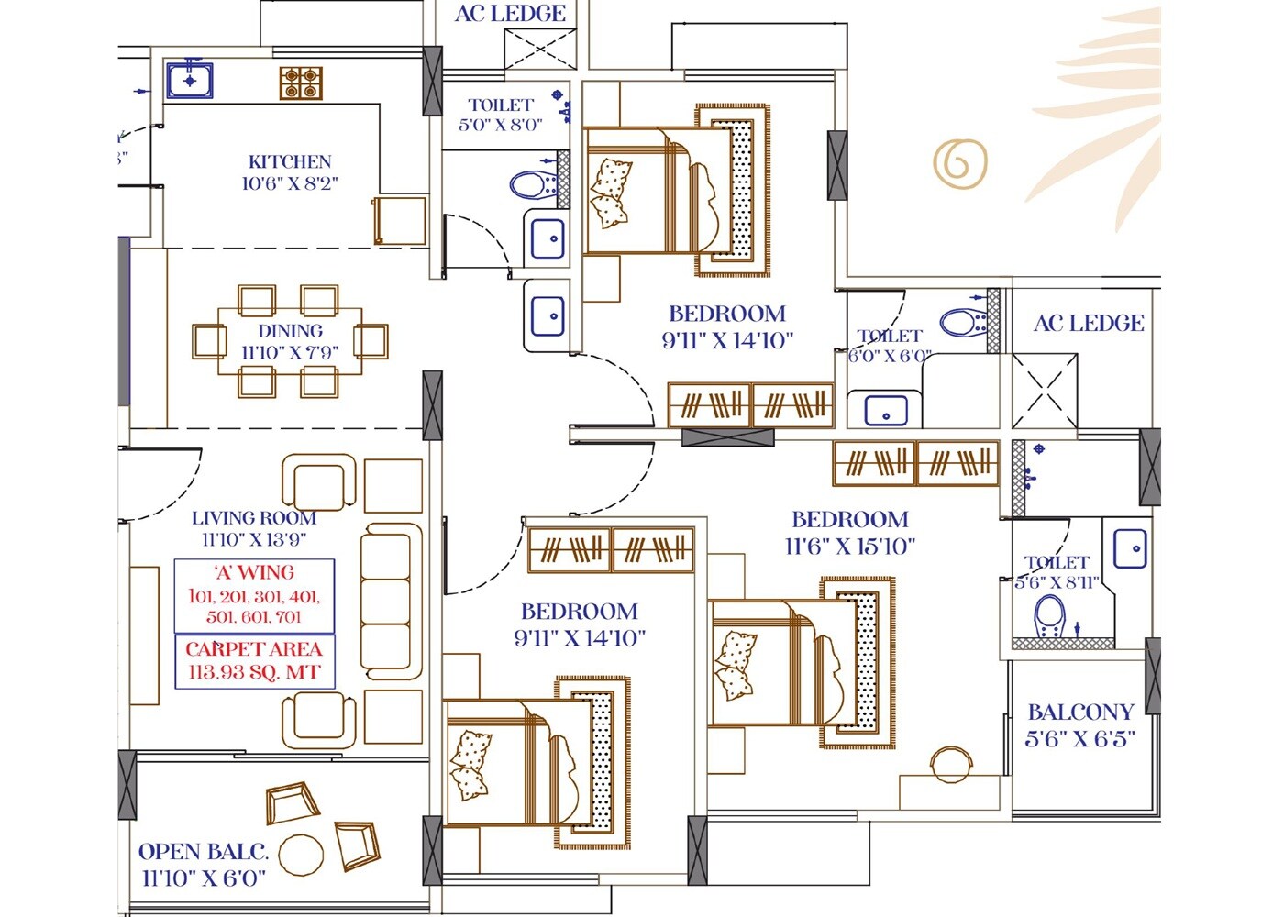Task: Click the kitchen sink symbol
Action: click(190, 80)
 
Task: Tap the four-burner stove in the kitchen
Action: click(301, 83)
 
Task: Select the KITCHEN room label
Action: click(290, 161)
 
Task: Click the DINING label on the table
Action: click(290, 331)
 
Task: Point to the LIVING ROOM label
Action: click(254, 518)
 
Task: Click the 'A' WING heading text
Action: click(254, 573)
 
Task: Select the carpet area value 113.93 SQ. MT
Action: click(254, 672)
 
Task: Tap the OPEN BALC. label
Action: click(203, 852)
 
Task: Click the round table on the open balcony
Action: click(301, 855)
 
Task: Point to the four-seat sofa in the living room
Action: click(392, 601)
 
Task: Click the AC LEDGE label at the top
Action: click(510, 14)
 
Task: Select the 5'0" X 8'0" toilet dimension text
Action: click(501, 125)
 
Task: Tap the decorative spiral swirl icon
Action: click(959, 163)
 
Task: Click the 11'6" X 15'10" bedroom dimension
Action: click(849, 547)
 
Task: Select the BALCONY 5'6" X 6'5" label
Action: click(1080, 724)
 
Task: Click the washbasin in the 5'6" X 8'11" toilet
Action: click(1129, 549)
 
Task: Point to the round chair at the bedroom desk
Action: click(949, 764)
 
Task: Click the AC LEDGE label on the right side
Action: click(1088, 324)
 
